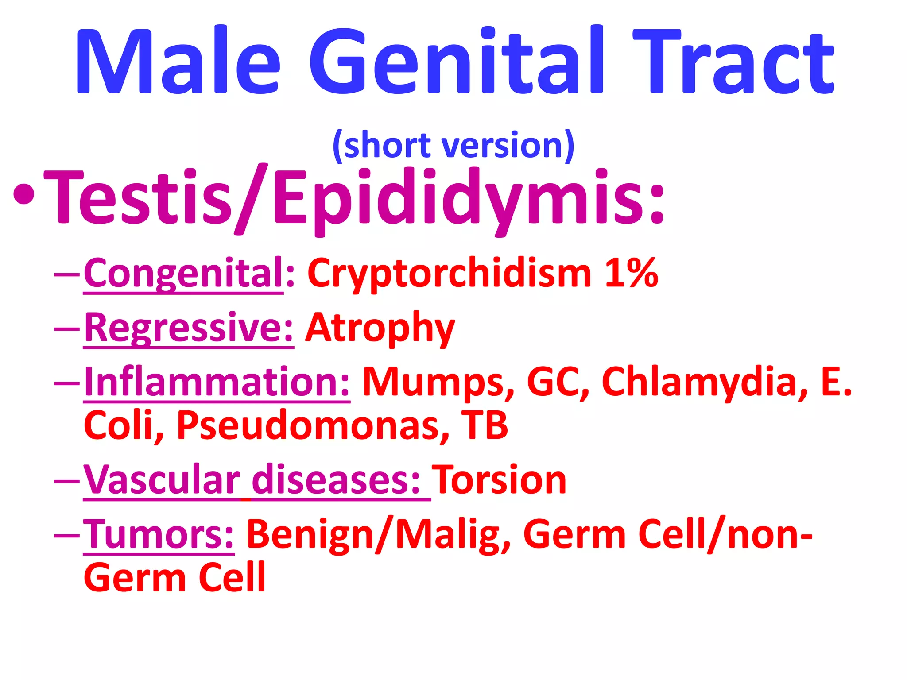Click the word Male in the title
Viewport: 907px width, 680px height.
coord(177,62)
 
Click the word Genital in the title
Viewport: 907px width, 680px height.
coord(456,62)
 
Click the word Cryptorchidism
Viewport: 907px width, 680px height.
coord(449,273)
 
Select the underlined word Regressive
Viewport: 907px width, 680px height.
coord(188,328)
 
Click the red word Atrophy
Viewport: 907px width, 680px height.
coord(380,328)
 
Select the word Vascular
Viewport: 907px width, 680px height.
coord(162,480)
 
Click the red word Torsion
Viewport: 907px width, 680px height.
coord(499,480)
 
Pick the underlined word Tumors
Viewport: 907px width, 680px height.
coord(158,535)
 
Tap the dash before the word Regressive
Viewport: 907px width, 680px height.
coord(66,329)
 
